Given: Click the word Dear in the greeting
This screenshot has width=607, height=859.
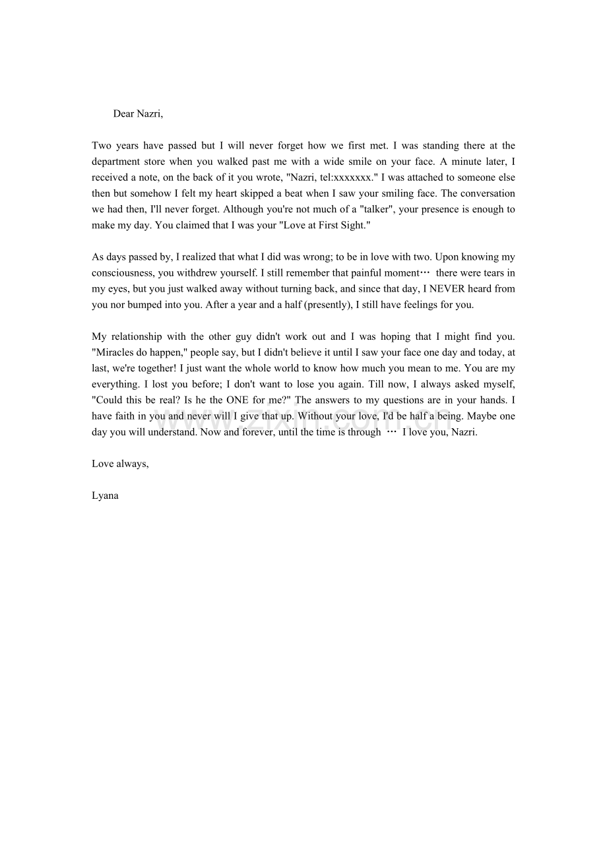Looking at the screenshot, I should (x=123, y=114).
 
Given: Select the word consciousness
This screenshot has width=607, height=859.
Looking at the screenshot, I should (x=123, y=273).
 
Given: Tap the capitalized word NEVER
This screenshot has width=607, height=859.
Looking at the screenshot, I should (x=447, y=289).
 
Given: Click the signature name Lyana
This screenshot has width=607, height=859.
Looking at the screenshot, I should (x=106, y=495).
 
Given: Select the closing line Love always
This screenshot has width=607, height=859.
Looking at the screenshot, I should (x=120, y=464).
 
